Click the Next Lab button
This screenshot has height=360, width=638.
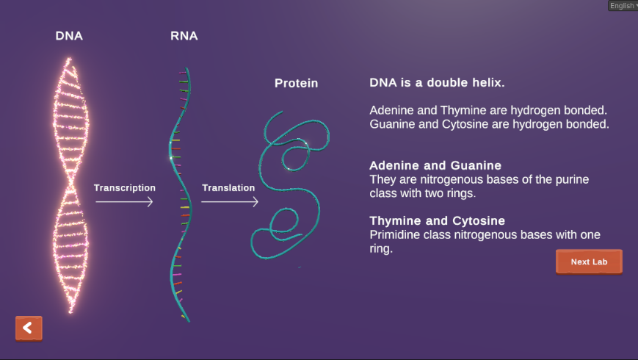589,262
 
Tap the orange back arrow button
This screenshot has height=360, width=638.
29,328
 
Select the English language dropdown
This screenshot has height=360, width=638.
623,5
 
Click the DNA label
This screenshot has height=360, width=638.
69,36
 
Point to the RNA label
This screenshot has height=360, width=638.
184,36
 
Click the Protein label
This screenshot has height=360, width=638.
296,83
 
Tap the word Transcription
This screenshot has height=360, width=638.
125,188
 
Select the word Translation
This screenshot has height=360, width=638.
228,188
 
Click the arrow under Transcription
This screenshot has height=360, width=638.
124,201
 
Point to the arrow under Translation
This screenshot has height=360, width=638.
230,201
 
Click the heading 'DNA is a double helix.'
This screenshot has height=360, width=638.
437,83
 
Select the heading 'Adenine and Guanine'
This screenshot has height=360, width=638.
435,165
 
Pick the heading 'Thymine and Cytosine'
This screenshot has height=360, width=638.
437,220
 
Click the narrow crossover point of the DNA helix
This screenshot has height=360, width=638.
71,179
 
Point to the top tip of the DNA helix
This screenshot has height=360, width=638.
69,59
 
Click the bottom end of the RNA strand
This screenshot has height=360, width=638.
189,321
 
